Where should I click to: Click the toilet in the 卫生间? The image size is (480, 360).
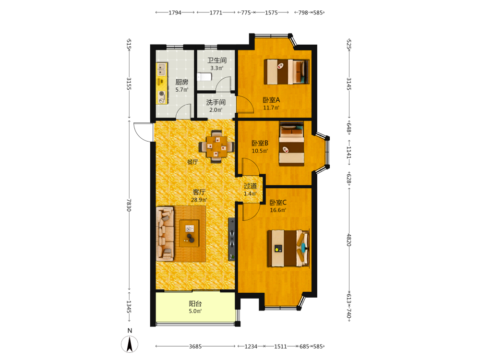[204, 76]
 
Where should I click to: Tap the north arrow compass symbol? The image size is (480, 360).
[130, 344]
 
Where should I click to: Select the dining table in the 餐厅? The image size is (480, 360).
[217, 146]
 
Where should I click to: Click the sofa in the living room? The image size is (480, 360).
[165, 234]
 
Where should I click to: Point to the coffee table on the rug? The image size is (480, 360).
[189, 233]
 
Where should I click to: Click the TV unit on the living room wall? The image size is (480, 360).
[232, 239]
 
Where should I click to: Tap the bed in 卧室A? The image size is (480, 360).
[287, 72]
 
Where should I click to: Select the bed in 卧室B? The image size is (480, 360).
[291, 144]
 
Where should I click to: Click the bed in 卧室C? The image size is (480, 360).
[288, 248]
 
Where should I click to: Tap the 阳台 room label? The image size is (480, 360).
[195, 304]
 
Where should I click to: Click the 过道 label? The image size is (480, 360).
[251, 186]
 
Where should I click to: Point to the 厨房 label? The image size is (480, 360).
[182, 82]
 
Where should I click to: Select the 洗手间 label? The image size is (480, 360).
[216, 102]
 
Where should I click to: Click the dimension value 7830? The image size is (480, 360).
[129, 205]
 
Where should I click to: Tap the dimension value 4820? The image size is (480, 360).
[349, 240]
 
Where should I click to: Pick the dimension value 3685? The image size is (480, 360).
[195, 347]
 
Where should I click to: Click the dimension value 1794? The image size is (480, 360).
[175, 12]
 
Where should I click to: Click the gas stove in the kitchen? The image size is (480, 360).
[162, 97]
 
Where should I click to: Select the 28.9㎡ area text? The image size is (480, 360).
[199, 200]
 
